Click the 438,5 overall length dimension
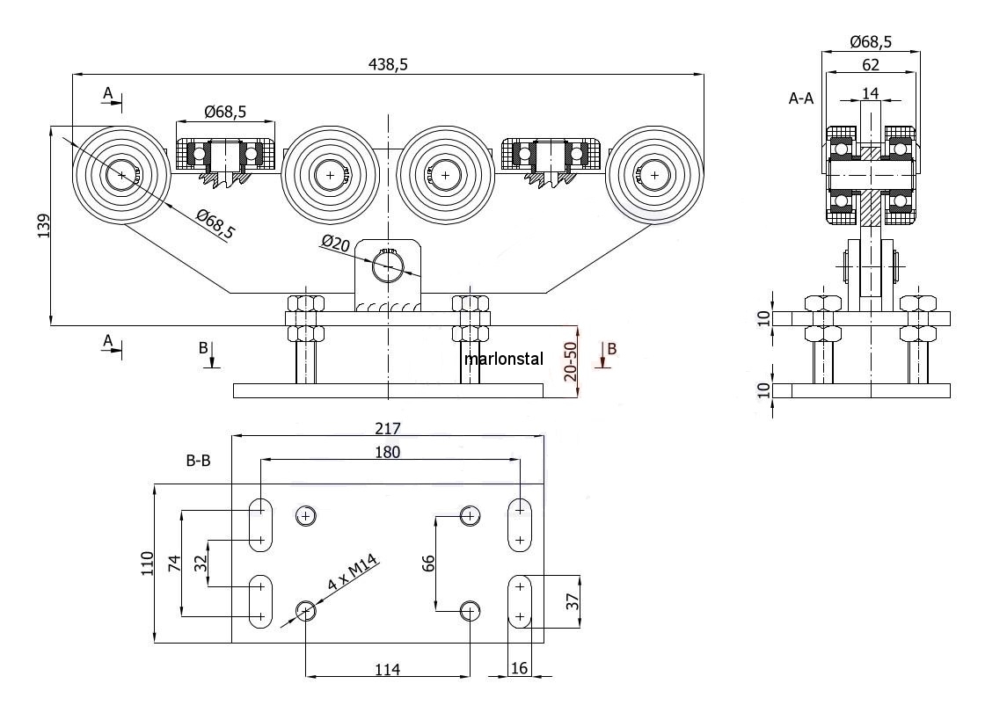click(x=388, y=64)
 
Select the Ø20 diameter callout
click(x=338, y=244)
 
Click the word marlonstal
click(x=504, y=359)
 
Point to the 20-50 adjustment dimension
click(x=570, y=360)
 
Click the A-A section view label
click(x=800, y=99)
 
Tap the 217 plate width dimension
click(x=387, y=428)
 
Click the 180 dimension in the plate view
click(x=387, y=452)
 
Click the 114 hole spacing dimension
click(x=387, y=670)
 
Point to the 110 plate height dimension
click(x=147, y=563)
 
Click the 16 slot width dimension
click(x=519, y=669)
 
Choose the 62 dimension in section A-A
click(x=870, y=64)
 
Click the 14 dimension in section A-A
click(x=870, y=92)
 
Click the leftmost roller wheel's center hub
click(x=119, y=175)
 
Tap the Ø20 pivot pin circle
click(x=388, y=265)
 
